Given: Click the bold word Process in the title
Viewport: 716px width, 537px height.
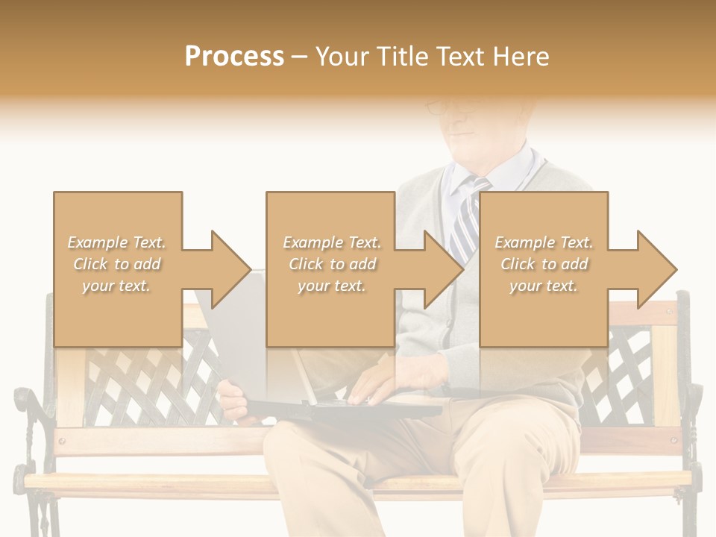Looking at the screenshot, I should click(x=234, y=57).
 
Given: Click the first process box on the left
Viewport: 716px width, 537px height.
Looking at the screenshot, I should click(x=117, y=268).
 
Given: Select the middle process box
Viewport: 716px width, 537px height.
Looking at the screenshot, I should click(x=330, y=268).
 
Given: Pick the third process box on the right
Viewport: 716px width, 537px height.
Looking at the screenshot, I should click(x=543, y=268).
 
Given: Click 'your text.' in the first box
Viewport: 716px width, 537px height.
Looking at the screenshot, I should click(x=116, y=286).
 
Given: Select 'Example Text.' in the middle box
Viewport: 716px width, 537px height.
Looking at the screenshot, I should click(x=332, y=242).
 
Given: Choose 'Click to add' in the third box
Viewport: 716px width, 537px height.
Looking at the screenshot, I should click(x=544, y=264).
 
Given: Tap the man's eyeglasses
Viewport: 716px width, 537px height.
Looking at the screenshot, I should click(x=447, y=107).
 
